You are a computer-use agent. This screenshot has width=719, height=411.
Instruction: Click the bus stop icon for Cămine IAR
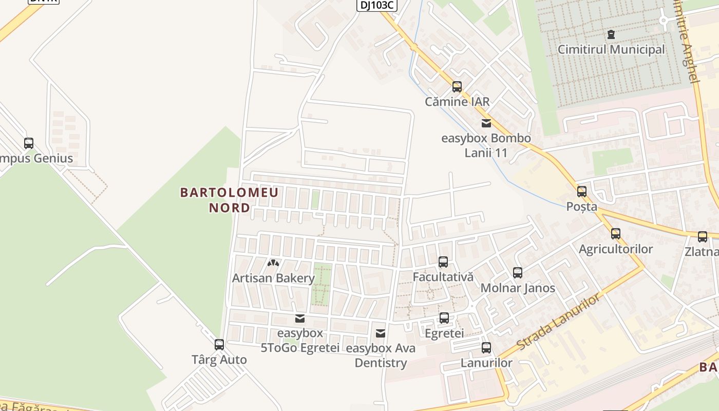click(457, 86)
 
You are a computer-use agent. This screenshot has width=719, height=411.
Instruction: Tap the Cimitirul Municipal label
click(611, 50)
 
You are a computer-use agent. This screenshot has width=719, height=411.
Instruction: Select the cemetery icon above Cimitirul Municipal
click(611, 34)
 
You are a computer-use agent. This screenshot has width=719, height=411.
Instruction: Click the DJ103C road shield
click(377, 5)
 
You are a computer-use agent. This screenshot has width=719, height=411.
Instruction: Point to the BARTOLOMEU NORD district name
click(229, 200)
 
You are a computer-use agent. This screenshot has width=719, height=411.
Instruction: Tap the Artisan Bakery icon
click(273, 263)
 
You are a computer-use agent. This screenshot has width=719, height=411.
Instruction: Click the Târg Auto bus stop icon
click(219, 344)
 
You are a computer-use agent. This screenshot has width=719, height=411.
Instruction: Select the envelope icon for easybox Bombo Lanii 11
click(486, 123)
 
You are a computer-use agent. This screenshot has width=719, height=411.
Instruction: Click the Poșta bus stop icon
click(582, 191)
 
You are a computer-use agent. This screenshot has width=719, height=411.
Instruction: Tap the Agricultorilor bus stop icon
click(616, 234)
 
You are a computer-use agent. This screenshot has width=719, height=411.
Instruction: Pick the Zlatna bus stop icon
click(703, 237)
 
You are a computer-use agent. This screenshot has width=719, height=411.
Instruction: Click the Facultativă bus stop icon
click(443, 261)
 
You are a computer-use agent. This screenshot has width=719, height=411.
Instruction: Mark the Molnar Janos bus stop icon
click(518, 272)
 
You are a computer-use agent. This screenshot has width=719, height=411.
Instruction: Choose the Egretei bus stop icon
click(444, 317)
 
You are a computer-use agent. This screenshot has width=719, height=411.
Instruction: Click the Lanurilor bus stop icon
click(486, 347)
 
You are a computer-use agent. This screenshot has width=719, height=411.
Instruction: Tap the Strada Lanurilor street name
click(558, 322)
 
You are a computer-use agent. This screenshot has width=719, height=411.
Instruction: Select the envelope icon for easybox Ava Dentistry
click(381, 333)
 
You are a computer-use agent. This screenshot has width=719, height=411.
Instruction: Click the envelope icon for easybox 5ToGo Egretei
click(300, 318)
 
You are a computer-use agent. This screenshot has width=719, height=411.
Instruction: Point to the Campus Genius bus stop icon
click(29, 143)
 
